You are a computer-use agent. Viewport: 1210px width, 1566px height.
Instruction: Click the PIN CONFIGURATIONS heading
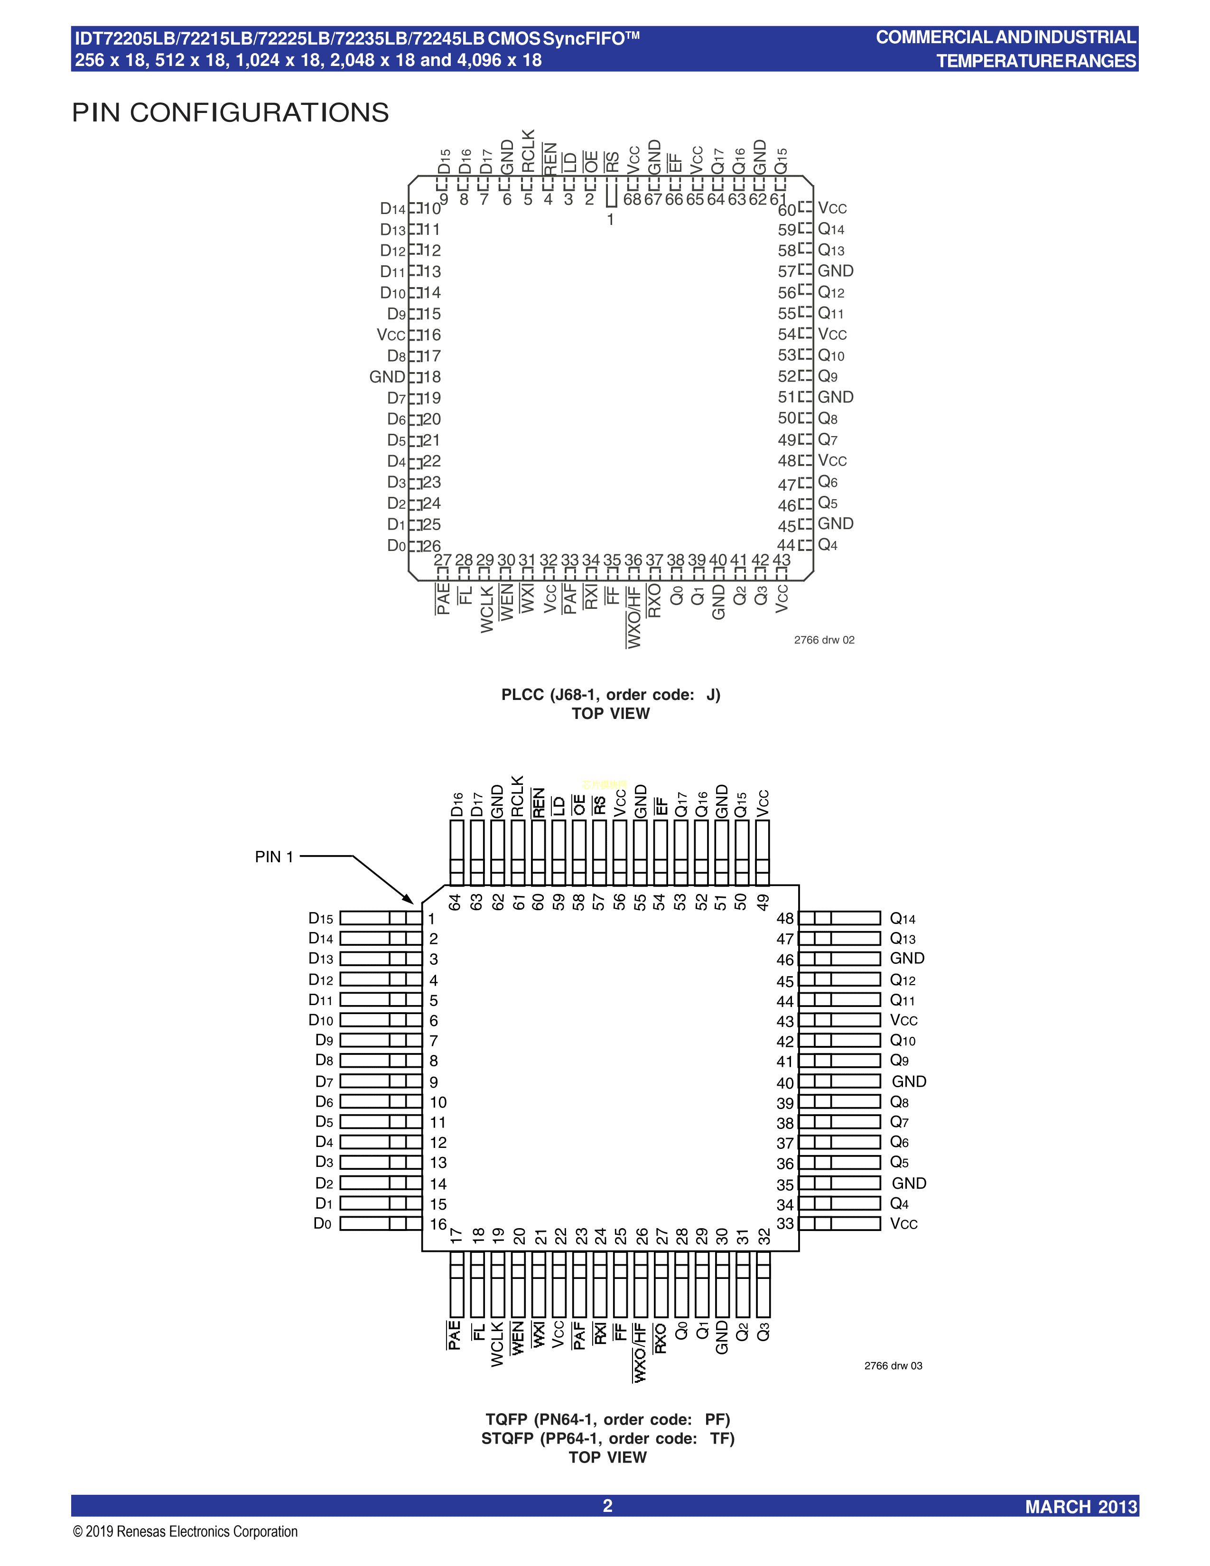click(230, 112)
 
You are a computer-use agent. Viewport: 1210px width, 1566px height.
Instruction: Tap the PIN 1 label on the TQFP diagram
click(274, 857)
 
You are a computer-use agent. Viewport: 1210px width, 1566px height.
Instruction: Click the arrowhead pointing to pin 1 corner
click(409, 899)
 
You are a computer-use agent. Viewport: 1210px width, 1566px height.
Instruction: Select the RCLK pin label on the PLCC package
click(528, 151)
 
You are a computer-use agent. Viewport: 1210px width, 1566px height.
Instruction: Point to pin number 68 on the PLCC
click(632, 199)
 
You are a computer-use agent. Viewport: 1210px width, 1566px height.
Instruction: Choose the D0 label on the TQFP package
click(323, 1223)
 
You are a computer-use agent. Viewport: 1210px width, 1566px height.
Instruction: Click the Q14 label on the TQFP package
click(903, 919)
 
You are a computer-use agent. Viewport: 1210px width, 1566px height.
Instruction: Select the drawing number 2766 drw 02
click(824, 640)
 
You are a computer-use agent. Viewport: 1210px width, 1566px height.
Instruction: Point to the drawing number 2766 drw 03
click(893, 1365)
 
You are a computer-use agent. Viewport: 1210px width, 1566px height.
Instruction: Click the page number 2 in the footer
click(607, 1506)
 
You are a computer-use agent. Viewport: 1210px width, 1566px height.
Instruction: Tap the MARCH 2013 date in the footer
click(1081, 1507)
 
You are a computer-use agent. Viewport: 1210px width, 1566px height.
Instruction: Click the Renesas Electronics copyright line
click(185, 1531)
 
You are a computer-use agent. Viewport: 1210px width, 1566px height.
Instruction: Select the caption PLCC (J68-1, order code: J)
click(611, 694)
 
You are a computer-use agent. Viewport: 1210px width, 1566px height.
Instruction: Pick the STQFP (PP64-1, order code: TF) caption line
click(608, 1438)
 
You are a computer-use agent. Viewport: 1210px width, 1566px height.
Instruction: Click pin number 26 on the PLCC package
click(431, 546)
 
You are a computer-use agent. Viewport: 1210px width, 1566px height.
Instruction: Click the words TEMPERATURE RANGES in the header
click(1036, 61)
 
